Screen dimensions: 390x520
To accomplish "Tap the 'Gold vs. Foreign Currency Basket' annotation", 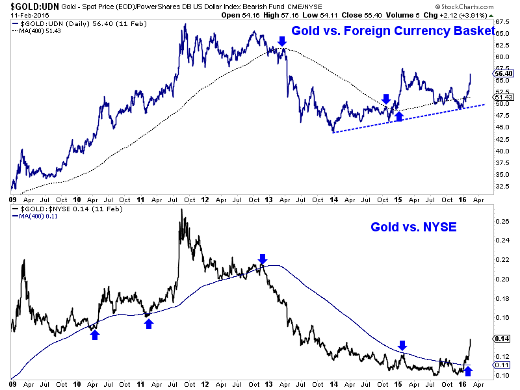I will (388, 30).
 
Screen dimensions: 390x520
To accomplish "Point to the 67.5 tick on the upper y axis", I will (501, 22).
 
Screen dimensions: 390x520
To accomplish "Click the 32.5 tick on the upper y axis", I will (501, 185).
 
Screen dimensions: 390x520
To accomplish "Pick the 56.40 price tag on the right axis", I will (503, 73).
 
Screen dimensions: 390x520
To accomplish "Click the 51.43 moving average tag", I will (503, 97).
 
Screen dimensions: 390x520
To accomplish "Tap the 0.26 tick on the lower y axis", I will (501, 220).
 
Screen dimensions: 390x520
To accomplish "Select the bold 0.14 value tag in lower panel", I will (502, 338).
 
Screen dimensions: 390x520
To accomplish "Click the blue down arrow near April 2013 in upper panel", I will (281, 42).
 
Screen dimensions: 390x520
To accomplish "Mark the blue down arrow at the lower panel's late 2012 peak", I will (263, 259).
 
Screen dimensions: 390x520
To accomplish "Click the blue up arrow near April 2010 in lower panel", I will (95, 334).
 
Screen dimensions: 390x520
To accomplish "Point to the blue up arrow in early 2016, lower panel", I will (468, 371).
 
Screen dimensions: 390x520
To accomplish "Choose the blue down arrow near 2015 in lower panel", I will (402, 345).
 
